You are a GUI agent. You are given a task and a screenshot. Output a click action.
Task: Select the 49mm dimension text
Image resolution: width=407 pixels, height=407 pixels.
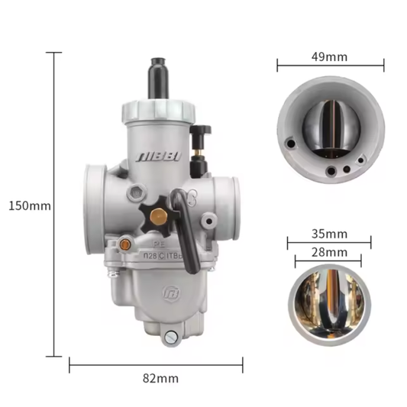(329, 57)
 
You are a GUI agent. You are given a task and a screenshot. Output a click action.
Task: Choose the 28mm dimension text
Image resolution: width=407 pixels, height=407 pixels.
(329, 252)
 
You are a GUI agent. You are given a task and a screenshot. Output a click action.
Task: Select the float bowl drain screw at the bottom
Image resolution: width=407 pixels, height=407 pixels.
(170, 337)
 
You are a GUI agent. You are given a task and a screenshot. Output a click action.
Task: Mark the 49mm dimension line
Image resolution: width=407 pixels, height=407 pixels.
(329, 67)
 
